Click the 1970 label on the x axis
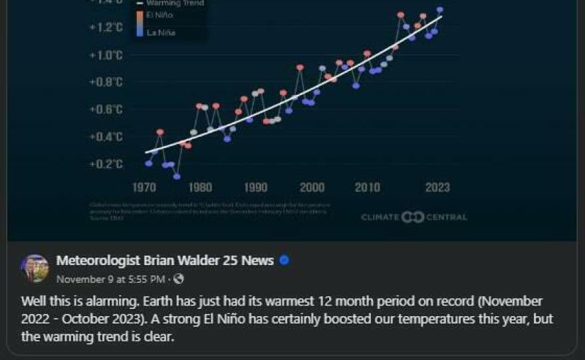(x=144, y=188)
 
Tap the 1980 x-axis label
(x=200, y=188)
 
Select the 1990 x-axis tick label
(x=256, y=188)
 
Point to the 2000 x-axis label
(x=312, y=188)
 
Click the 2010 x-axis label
(x=368, y=188)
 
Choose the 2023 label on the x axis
(x=437, y=188)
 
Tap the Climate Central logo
(x=414, y=217)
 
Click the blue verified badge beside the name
(x=285, y=260)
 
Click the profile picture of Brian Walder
(x=35, y=268)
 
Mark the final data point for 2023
(x=440, y=10)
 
